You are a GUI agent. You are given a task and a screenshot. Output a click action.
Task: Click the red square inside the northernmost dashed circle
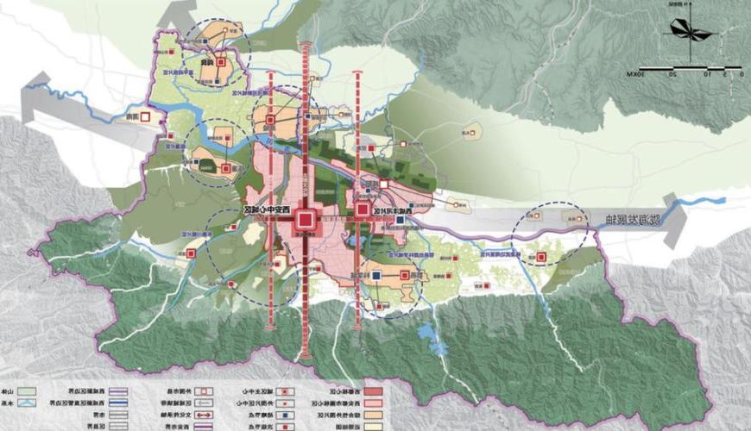pyautogui.click(x=221, y=62)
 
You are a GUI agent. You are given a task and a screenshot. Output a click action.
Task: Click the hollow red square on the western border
pyautogui.click(x=146, y=116)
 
